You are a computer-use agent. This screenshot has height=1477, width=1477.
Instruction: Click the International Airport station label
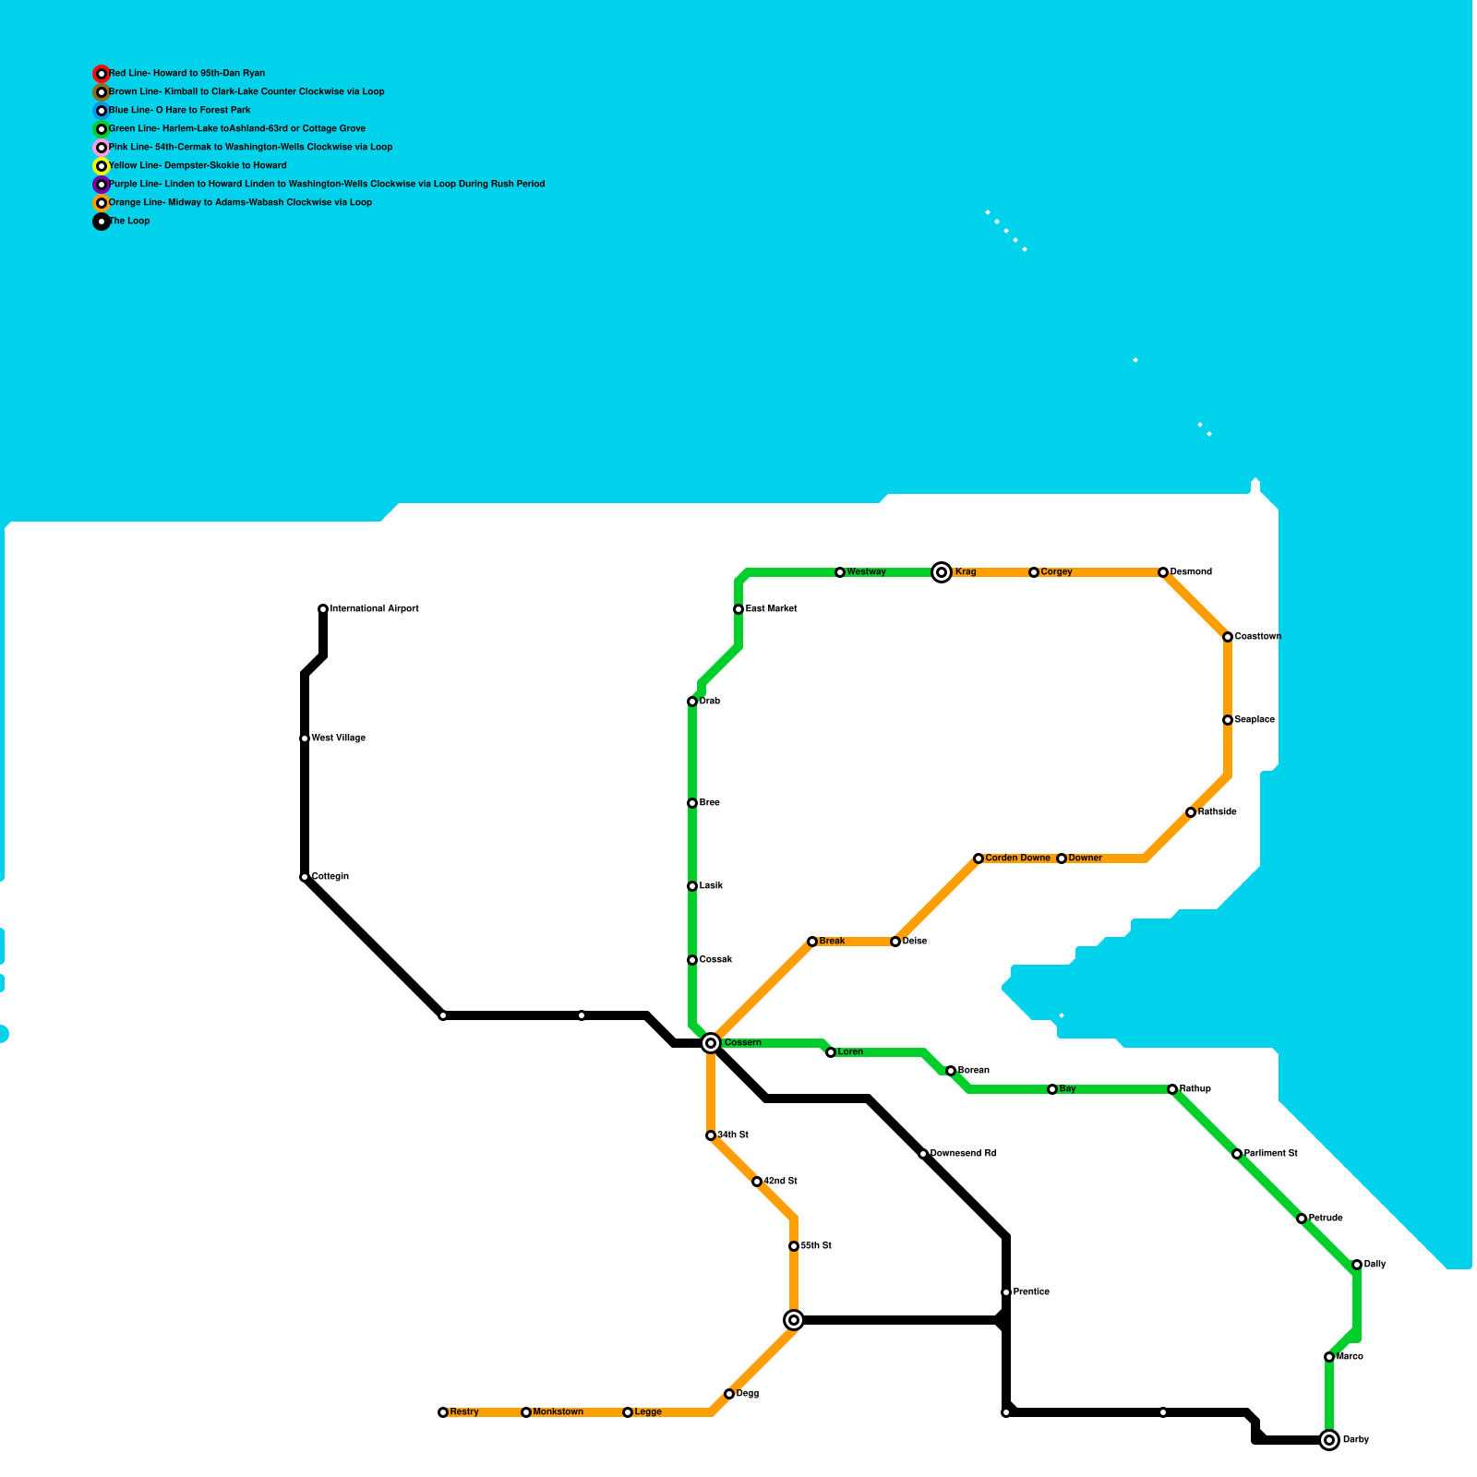click(374, 609)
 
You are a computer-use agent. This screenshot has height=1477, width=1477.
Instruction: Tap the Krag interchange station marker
click(942, 572)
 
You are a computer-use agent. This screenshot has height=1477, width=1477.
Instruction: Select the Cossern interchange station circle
click(711, 1043)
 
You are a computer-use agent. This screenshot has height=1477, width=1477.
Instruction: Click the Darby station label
click(1355, 1440)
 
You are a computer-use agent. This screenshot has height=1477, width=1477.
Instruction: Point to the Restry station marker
click(443, 1412)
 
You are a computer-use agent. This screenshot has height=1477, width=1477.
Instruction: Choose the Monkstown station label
click(558, 1412)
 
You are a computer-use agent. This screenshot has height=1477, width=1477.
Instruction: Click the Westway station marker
click(840, 572)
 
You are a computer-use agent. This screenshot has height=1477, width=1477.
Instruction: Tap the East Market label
click(771, 609)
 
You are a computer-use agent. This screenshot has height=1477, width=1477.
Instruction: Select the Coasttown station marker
click(1228, 637)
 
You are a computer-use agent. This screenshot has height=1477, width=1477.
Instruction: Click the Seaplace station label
click(1255, 720)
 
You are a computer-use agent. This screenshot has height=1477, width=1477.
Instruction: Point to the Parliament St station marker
click(1237, 1154)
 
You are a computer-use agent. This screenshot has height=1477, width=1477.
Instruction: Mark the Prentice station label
click(1031, 1292)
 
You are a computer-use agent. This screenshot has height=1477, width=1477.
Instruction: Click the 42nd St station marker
click(757, 1182)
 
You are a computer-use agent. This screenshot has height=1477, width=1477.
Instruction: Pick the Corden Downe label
click(1017, 859)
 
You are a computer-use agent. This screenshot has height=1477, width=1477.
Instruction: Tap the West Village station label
click(338, 738)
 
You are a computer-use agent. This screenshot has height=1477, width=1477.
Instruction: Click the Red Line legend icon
click(102, 74)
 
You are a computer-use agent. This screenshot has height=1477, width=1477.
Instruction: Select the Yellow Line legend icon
click(102, 166)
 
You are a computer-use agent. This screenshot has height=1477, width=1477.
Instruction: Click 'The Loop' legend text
click(129, 222)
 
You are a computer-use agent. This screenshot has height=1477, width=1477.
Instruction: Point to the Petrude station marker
click(1302, 1219)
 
